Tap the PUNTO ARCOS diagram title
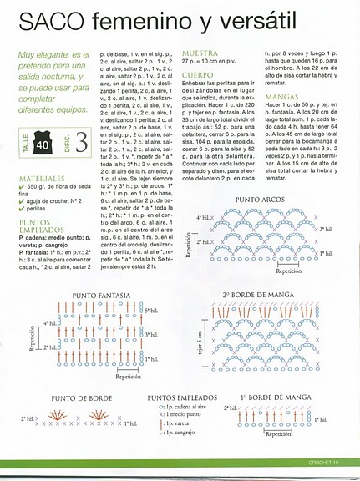click(x=261, y=201)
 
